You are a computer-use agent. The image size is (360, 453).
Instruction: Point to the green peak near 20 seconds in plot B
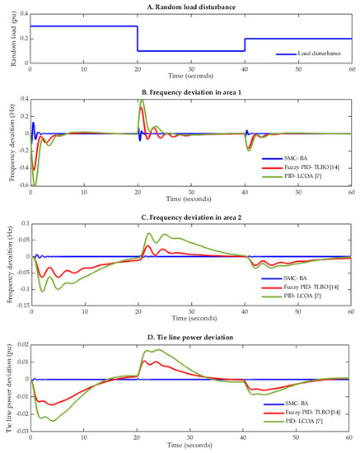[142, 100]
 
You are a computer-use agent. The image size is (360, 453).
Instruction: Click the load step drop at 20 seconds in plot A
[137, 39]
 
